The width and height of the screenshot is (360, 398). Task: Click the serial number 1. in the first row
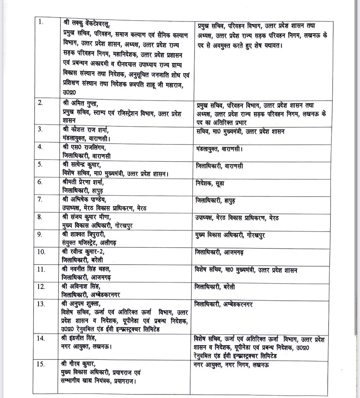[x=40, y=22]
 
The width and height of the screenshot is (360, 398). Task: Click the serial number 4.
[x=40, y=147]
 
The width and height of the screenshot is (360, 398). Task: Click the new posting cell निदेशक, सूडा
[x=210, y=183]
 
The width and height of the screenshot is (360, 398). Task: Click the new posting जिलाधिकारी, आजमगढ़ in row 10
[x=219, y=253]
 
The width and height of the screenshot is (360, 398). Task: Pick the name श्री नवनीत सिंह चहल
[x=86, y=269]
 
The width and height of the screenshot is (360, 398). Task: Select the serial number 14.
[x=41, y=338]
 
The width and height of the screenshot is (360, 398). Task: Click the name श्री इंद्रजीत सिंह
[x=79, y=338]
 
